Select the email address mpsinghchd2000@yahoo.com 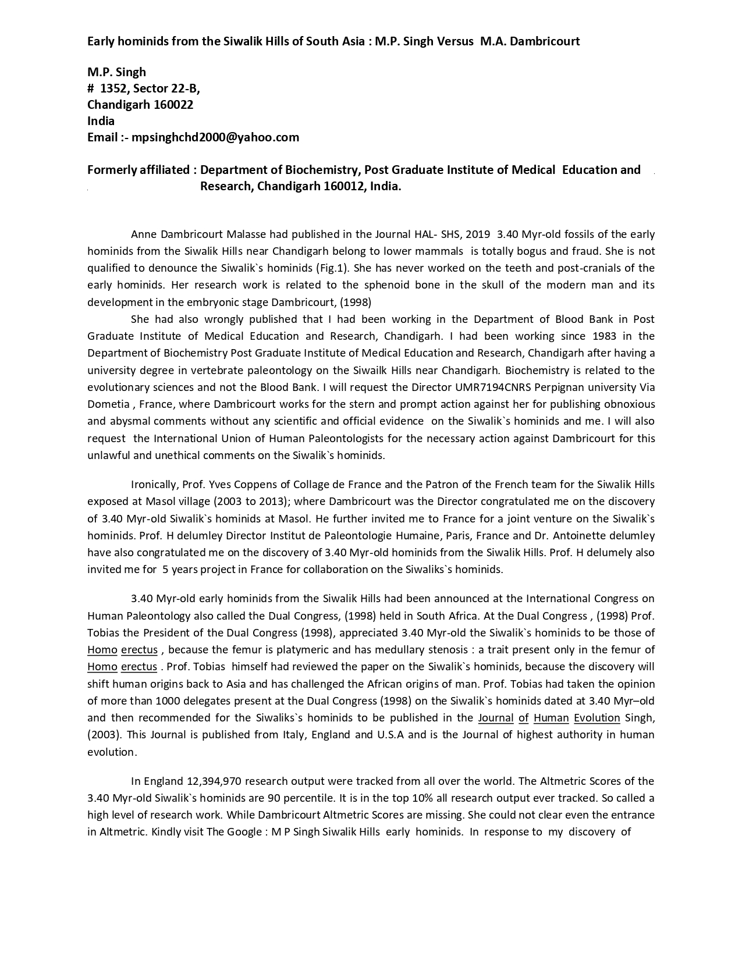[x=215, y=137]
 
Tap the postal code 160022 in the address [x=173, y=105]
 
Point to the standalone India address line [x=101, y=121]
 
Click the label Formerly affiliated [x=139, y=170]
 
